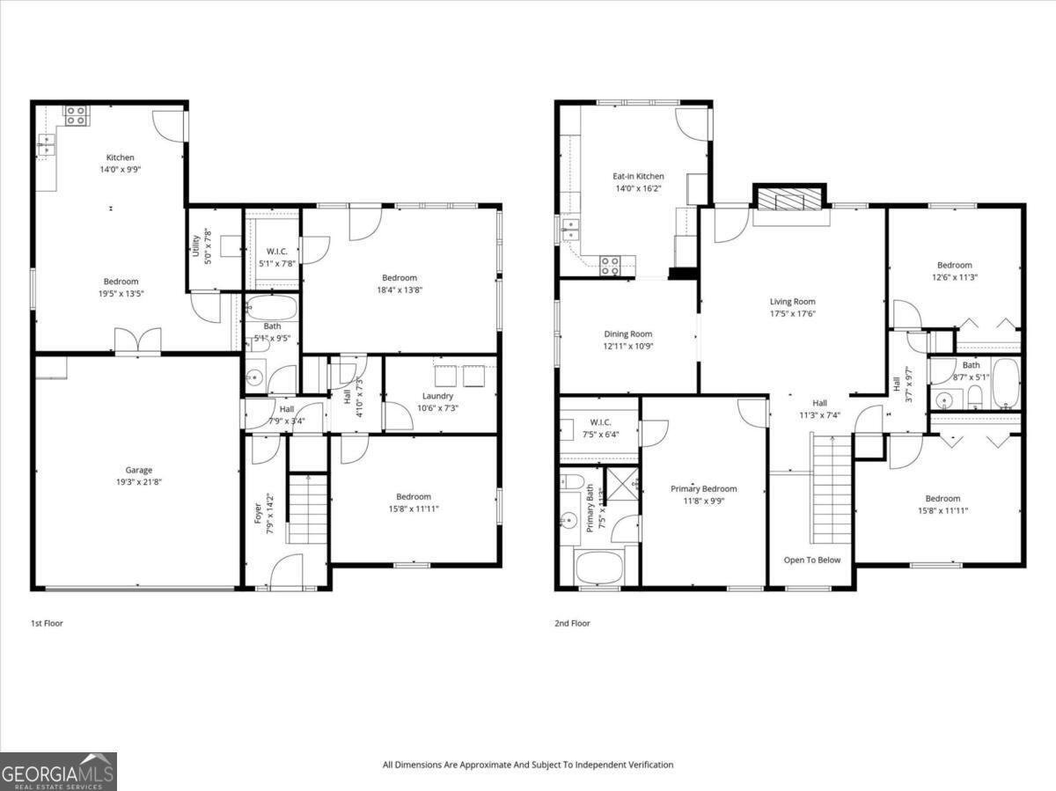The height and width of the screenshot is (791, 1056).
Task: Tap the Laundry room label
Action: [x=437, y=396]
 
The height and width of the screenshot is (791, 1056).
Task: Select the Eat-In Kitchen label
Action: [x=638, y=176]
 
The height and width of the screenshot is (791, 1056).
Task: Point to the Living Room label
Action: [x=792, y=302]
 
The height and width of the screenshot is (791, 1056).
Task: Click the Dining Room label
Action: [x=628, y=333]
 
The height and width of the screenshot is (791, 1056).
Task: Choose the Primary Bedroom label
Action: [x=703, y=489]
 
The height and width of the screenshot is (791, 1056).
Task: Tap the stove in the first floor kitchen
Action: [x=76, y=115]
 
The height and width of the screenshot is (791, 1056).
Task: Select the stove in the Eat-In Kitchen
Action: [x=611, y=264]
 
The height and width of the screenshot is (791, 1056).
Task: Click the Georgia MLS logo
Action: [x=58, y=772]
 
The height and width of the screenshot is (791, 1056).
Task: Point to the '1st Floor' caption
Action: [x=47, y=623]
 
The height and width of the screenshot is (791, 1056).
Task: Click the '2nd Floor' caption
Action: [x=572, y=623]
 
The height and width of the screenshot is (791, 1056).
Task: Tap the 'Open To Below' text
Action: [x=811, y=560]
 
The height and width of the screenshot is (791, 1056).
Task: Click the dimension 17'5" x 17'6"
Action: [x=792, y=313]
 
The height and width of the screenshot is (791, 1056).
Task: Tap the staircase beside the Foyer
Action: [x=308, y=508]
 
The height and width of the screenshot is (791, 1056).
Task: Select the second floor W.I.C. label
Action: [x=600, y=422]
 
